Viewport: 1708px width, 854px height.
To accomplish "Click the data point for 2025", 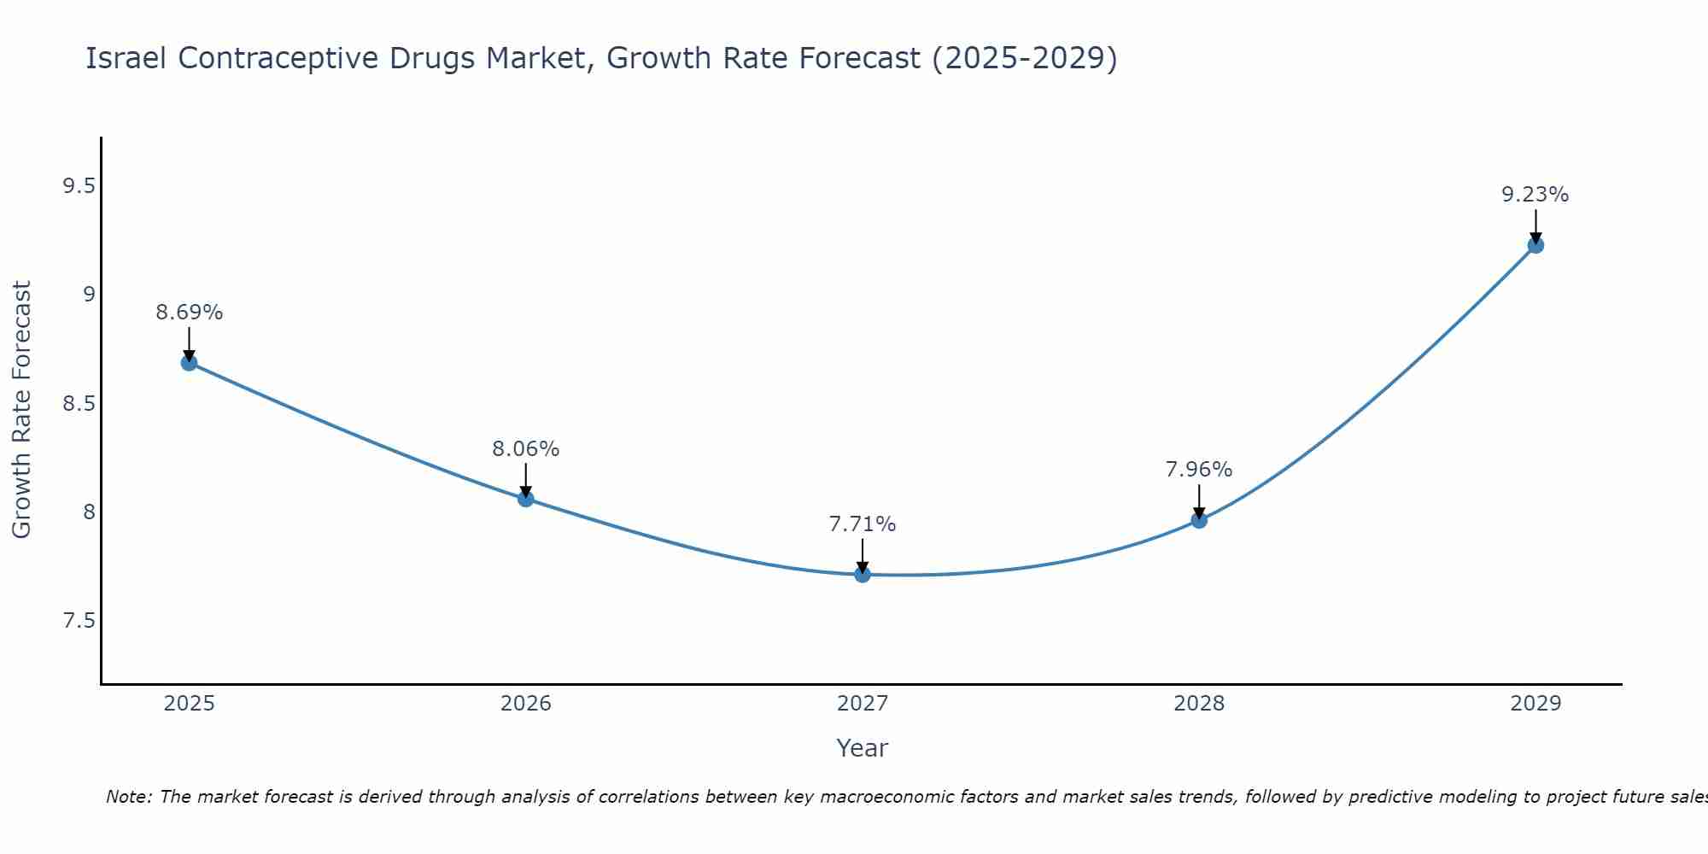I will [189, 363].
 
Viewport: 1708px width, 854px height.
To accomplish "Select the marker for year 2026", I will [526, 499].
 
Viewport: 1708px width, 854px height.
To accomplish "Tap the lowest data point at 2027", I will [863, 575].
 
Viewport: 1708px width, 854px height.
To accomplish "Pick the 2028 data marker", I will [1199, 520].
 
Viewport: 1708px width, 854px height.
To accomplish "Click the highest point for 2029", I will [1535, 245].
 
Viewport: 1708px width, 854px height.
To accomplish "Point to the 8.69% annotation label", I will [189, 313].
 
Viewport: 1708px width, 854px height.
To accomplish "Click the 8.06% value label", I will [526, 449].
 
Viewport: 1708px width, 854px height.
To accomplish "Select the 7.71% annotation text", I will [863, 524].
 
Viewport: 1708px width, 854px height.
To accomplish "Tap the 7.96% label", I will [1199, 470].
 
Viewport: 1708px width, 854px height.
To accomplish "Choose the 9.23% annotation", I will [1535, 195].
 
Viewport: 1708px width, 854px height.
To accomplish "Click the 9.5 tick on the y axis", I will [79, 186].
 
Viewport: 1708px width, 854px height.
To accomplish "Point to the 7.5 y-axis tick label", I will [79, 621].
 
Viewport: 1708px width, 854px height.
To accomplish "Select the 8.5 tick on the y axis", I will [79, 403].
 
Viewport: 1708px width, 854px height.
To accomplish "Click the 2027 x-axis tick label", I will [863, 704].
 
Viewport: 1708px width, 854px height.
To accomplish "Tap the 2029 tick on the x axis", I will [1535, 704].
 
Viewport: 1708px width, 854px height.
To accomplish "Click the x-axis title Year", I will [863, 748].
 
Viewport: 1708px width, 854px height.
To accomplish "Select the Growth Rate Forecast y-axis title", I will [22, 410].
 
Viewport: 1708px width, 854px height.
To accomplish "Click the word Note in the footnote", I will [127, 797].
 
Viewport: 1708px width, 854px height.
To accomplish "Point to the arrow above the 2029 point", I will [1535, 226].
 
